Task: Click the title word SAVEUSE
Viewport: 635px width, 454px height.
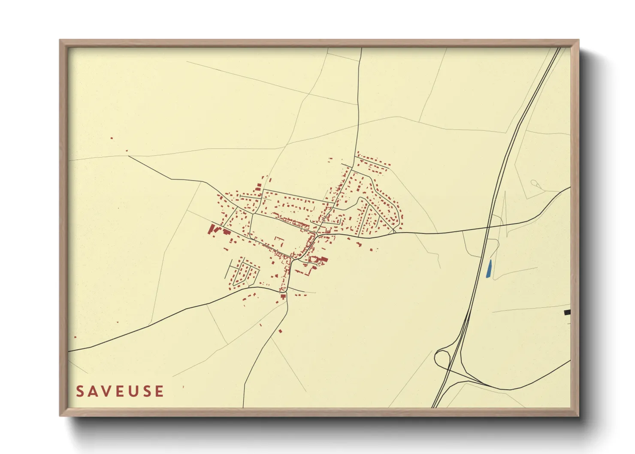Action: pos(120,391)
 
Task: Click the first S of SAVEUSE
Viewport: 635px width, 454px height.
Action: pos(80,391)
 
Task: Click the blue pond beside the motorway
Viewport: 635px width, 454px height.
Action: pos(489,269)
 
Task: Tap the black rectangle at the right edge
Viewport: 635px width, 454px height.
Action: pos(567,312)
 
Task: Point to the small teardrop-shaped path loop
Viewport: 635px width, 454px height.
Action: pos(534,183)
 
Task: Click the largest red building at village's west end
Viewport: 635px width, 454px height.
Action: pos(212,229)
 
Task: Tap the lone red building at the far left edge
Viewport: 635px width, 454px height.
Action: pos(76,337)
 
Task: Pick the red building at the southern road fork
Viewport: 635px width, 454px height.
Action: pos(283,296)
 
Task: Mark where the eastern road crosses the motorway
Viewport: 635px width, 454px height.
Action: pos(489,227)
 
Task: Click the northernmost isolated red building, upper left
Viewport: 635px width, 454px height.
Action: pos(112,138)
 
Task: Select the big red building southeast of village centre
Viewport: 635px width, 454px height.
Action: pos(323,259)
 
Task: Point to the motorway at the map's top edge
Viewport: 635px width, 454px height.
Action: pos(558,49)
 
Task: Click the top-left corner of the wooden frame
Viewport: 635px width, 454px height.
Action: pos(60,40)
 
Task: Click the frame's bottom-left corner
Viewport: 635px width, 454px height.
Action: pos(60,416)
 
